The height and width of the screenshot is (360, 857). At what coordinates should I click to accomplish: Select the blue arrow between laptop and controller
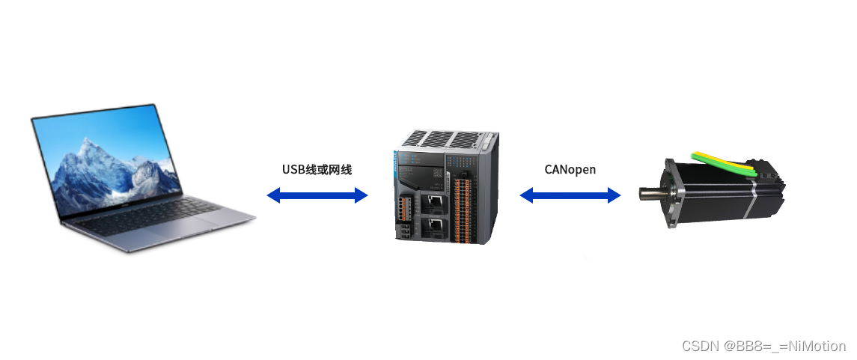pos(317,195)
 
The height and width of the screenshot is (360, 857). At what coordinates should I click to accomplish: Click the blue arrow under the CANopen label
pos(570,195)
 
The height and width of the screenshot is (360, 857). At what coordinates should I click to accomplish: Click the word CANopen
pos(570,169)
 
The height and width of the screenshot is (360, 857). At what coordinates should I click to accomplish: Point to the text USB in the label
pos(294,169)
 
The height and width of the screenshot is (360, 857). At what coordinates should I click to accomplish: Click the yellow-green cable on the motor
pos(726,162)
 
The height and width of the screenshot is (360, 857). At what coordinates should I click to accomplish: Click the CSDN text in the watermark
pos(698,347)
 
